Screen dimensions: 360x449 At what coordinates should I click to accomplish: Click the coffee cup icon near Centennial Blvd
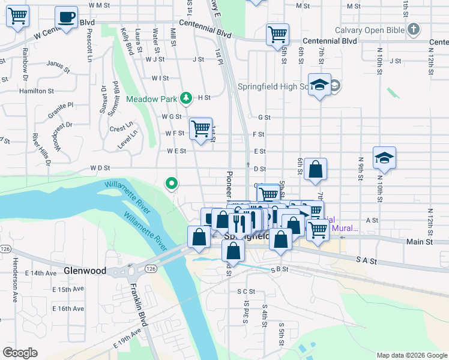tap(66, 17)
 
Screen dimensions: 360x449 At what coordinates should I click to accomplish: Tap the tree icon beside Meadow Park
tap(187, 98)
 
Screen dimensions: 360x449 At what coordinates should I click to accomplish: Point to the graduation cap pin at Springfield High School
tap(320, 85)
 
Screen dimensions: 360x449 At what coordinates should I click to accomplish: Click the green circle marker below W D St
tap(172, 183)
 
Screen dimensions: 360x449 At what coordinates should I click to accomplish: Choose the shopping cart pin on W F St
tap(200, 128)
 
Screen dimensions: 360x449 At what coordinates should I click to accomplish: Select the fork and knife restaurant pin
tap(240, 223)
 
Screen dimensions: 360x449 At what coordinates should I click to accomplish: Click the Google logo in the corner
tap(20, 353)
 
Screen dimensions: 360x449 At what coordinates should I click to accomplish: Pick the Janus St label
tap(58, 64)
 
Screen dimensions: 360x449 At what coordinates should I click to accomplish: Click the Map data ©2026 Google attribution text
tap(412, 355)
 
